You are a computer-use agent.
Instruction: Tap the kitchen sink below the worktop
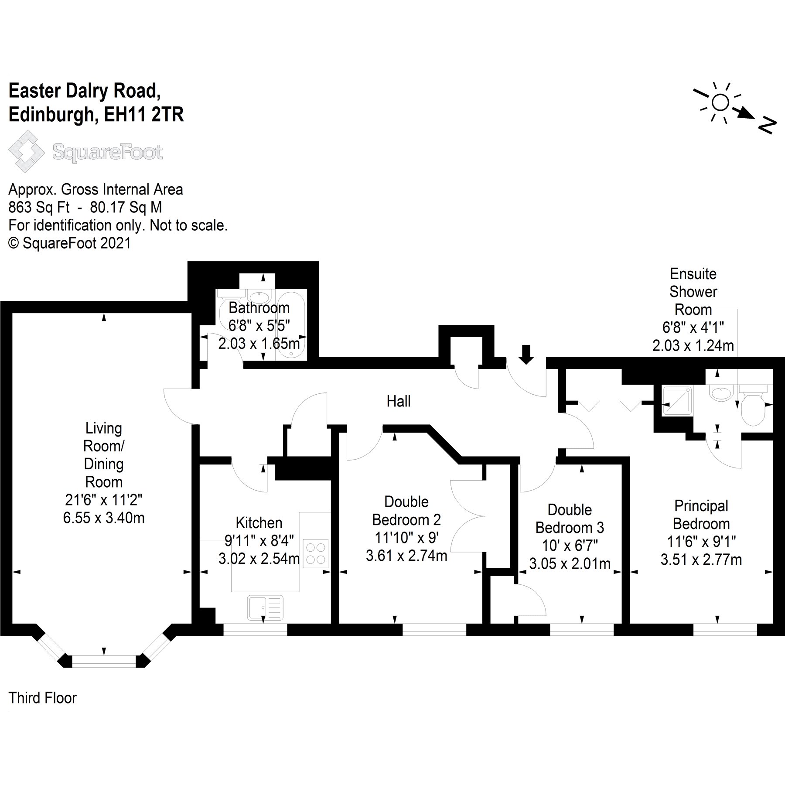pyautogui.click(x=265, y=608)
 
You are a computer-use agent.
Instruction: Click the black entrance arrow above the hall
pyautogui.click(x=526, y=354)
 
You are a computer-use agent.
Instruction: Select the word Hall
pyautogui.click(x=398, y=401)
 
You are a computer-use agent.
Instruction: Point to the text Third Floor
pyautogui.click(x=42, y=698)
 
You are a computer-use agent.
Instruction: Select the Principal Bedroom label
pyautogui.click(x=701, y=515)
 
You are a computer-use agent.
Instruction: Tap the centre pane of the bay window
pyautogui.click(x=104, y=662)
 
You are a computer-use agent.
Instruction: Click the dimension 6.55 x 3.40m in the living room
pyautogui.click(x=104, y=518)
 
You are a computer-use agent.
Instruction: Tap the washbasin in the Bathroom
pyautogui.click(x=260, y=298)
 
